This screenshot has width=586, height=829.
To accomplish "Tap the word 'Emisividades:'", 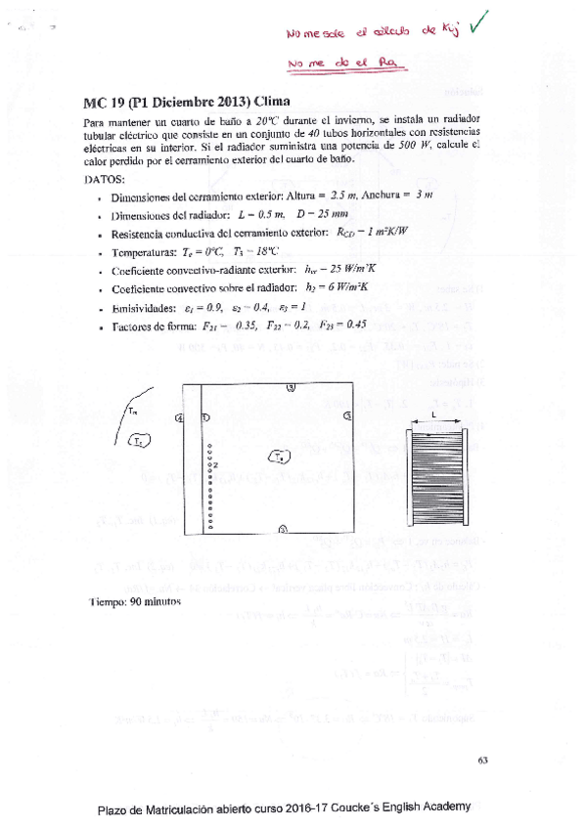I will pos(144,307).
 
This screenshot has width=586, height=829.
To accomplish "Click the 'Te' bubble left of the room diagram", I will pos(139,442).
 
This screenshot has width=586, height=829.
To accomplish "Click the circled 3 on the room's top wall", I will pos(291,388).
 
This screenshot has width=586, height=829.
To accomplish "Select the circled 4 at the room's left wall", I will pos(179,418).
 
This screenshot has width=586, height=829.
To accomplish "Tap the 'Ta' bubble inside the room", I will pos(280,456).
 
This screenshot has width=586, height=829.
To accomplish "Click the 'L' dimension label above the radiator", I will pos(432,414).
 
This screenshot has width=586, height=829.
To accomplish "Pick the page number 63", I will pos(482,760).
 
